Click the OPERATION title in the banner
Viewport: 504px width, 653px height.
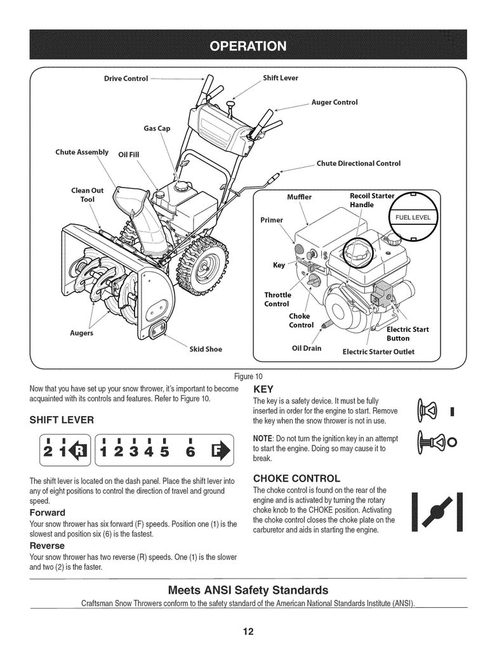248,46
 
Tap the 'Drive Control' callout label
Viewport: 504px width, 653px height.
126,78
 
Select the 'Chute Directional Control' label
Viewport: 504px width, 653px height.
359,163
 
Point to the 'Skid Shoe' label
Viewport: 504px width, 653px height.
206,349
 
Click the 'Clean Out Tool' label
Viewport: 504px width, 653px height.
88,195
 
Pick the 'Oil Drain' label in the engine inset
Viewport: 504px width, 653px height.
307,348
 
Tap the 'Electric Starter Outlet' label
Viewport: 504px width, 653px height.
378,352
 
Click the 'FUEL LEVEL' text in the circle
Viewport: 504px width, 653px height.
413,217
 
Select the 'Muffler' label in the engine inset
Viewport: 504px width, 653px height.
299,197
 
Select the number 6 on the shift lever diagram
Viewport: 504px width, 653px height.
190,451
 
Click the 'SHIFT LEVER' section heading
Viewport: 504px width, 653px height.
62,420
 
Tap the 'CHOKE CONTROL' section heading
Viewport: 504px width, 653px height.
296,478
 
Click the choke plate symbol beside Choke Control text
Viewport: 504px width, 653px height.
437,512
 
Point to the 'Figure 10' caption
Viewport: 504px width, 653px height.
248,377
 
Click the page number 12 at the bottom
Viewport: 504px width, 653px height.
248,632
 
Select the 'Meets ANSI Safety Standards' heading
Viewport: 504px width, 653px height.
248,590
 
